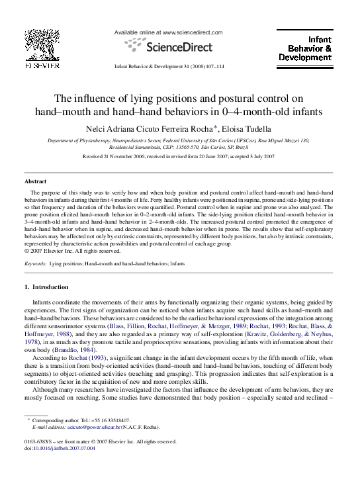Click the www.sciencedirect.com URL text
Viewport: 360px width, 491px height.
coord(192,32)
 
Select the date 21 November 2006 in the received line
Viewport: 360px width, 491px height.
coord(129,157)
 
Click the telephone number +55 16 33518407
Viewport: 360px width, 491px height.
coord(109,421)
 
